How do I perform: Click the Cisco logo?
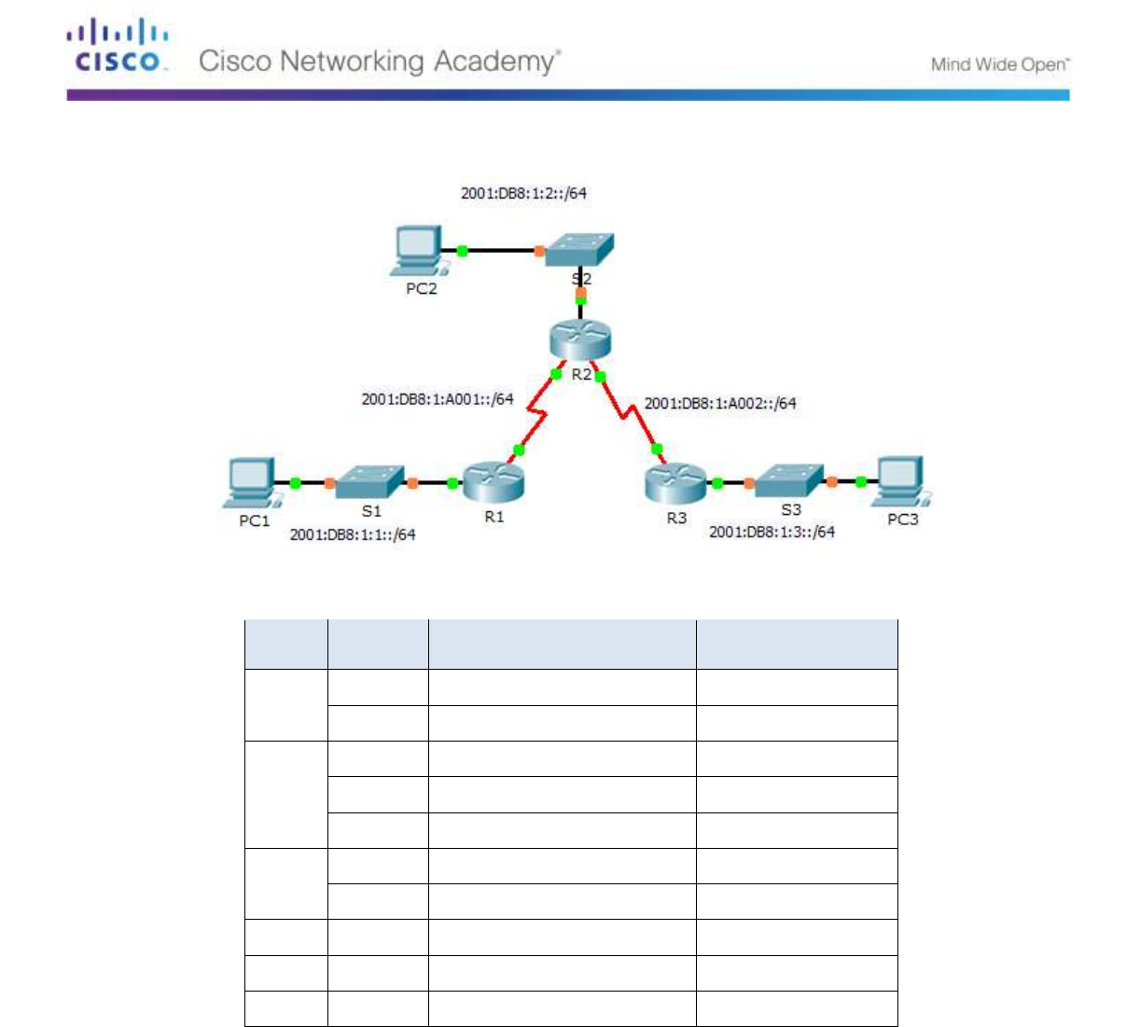pos(118,48)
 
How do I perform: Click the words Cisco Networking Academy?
pos(380,62)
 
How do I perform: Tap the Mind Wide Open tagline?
pos(999,64)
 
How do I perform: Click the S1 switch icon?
pos(369,482)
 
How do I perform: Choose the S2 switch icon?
pos(579,249)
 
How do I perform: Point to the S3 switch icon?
pos(789,480)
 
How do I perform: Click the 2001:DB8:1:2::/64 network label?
pos(523,193)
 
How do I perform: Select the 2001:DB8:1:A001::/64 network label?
pos(438,399)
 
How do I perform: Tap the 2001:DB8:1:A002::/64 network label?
pos(720,403)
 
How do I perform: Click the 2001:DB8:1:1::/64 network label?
pos(353,534)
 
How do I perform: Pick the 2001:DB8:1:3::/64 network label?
pos(772,532)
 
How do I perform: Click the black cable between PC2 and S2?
pos(500,250)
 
